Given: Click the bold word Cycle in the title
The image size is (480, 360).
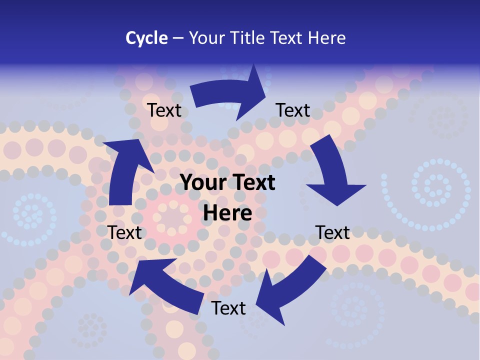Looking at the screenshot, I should [x=146, y=38].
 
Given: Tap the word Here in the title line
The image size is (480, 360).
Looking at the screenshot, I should [x=327, y=38].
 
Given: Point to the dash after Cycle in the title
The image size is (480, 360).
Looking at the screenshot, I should [x=177, y=38].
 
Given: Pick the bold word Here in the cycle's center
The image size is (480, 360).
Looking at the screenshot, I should [x=227, y=213].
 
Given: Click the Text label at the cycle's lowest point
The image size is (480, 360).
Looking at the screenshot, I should [x=228, y=308].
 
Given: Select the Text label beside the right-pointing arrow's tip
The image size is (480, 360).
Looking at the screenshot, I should [x=293, y=110].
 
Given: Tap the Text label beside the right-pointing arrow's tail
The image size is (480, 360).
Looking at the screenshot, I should [x=164, y=110].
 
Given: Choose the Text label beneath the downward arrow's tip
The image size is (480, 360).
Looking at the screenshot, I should [x=333, y=232].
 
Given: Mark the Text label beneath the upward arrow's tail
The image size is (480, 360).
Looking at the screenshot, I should [x=125, y=232].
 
